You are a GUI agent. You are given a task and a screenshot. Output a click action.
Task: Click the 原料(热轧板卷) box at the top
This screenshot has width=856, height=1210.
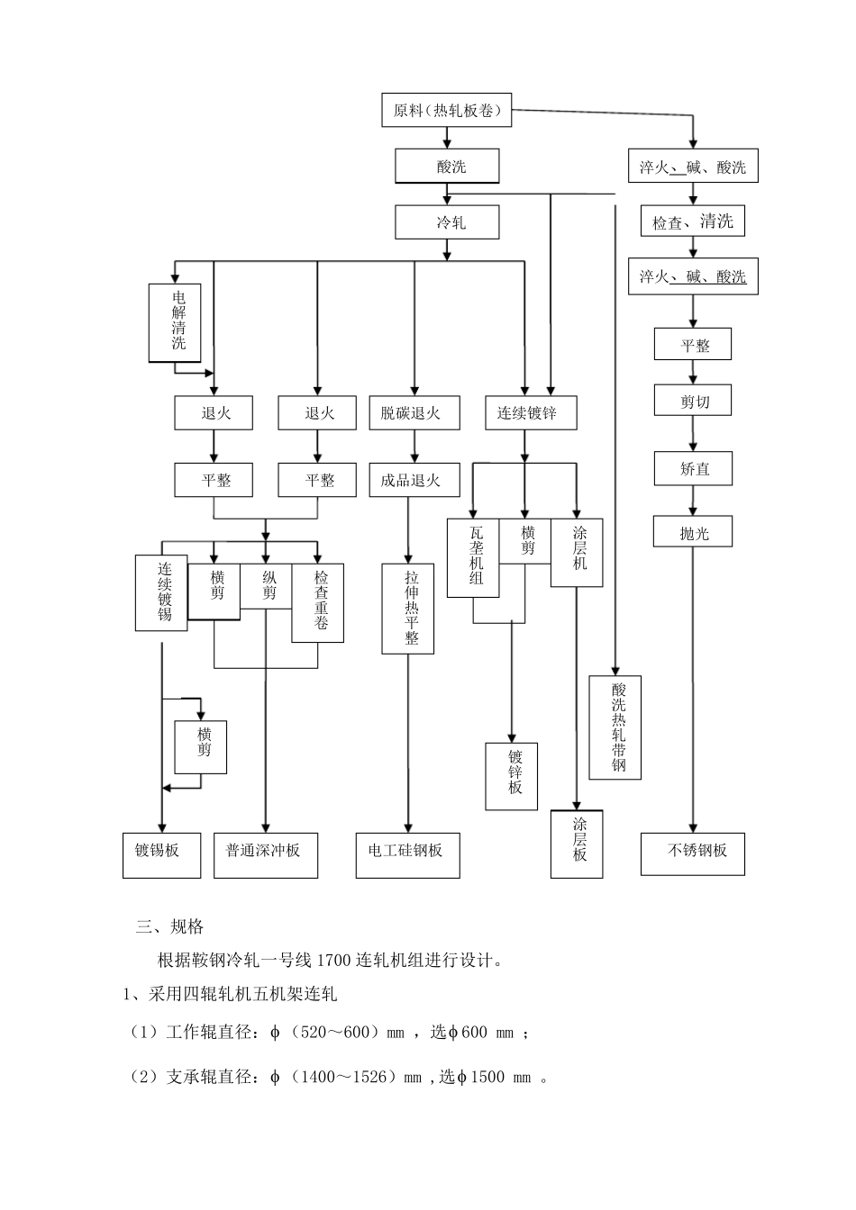point(447,111)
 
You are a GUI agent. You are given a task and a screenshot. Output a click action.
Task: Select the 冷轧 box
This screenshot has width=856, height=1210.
point(447,222)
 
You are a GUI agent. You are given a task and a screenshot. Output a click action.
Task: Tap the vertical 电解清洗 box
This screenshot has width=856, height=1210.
point(175,322)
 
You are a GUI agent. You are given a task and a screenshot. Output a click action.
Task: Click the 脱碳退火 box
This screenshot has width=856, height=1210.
point(414,412)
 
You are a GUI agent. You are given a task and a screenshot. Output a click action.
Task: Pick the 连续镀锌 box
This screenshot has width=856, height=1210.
point(530,412)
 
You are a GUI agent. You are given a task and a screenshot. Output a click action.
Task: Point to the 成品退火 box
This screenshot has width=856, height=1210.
point(414,480)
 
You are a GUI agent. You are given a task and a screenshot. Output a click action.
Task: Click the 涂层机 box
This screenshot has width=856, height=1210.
point(577,552)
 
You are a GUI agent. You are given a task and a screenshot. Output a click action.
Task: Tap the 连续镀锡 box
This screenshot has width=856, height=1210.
point(161,591)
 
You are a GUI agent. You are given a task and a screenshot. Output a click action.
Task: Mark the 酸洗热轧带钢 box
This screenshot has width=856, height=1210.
point(615,727)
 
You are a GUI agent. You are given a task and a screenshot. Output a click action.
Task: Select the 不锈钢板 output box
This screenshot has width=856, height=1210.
point(693,851)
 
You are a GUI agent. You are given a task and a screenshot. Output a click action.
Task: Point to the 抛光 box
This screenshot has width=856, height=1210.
point(693,532)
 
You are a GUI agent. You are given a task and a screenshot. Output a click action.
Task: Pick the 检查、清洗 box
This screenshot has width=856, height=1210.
point(693,221)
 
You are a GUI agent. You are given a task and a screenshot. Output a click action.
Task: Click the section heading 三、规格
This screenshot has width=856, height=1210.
point(169,926)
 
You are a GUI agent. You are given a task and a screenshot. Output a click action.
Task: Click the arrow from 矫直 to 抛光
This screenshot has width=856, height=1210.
point(693,501)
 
